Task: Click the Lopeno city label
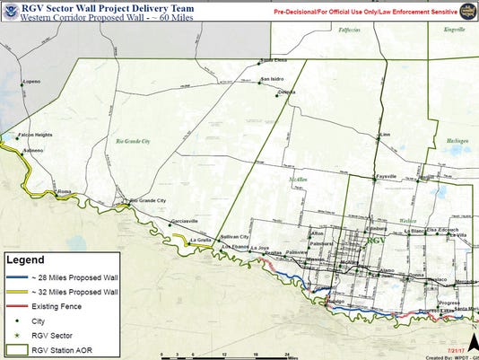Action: (x=32, y=81)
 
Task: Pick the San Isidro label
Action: (x=273, y=79)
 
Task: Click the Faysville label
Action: (x=387, y=177)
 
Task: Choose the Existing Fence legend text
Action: (x=57, y=307)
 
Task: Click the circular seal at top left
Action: (x=10, y=9)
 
